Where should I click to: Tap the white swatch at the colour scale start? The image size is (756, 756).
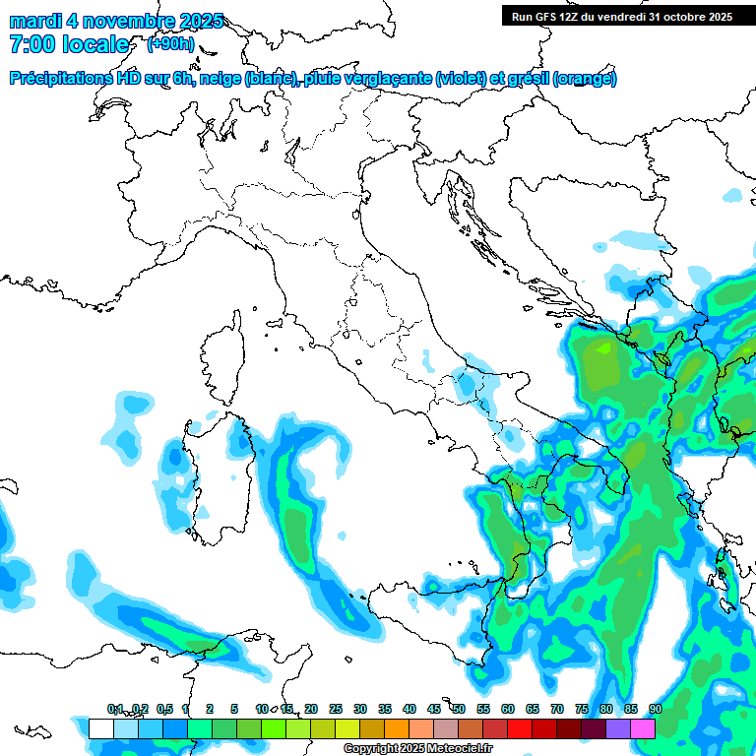click(100, 728)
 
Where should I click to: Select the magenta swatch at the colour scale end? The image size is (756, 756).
click(643, 728)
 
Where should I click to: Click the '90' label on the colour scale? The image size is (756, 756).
click(656, 709)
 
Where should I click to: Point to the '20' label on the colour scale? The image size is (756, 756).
click(311, 709)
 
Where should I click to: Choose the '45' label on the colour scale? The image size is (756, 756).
click(434, 709)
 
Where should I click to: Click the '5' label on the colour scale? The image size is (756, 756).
click(234, 709)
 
